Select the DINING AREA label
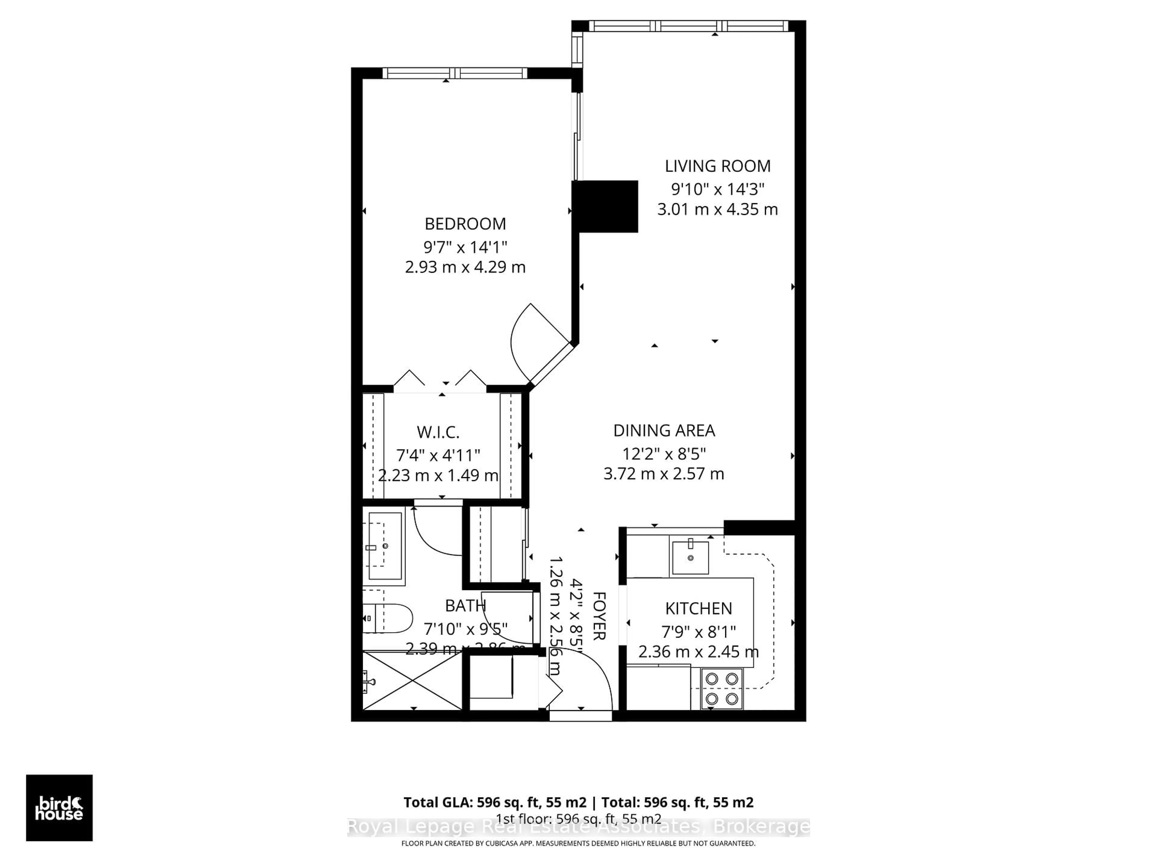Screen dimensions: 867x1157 tap(664, 430)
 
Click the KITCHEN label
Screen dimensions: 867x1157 tap(698, 608)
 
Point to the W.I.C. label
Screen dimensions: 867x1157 tap(438, 432)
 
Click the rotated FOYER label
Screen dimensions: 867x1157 tap(599, 616)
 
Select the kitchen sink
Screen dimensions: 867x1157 tap(690, 558)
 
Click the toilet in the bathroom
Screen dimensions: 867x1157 tap(387, 618)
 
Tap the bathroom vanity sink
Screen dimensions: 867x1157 tap(385, 546)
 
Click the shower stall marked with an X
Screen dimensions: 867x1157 tap(413, 680)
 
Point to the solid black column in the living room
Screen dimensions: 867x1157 tap(605, 207)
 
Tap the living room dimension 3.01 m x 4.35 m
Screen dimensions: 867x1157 tap(717, 210)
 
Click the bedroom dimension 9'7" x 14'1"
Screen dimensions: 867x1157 tap(465, 247)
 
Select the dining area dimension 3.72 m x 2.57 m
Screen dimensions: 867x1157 tap(664, 474)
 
